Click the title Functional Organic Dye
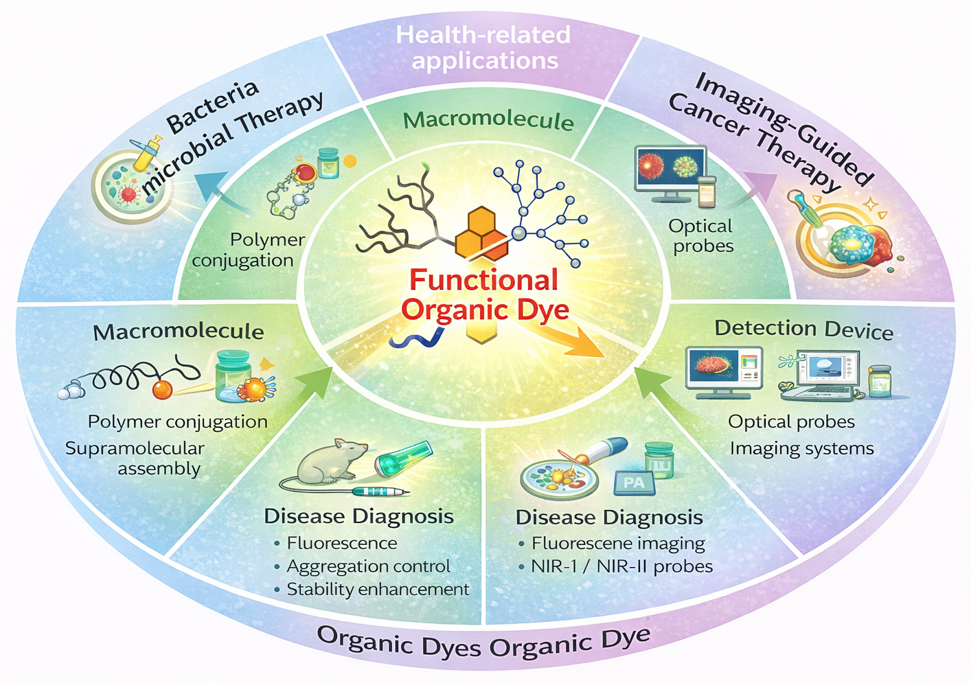[484, 294]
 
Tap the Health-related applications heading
[484, 47]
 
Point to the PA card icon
[633, 483]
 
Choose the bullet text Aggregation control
[368, 566]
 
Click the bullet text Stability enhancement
[378, 589]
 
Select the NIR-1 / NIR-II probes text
[621, 566]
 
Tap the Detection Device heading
[803, 329]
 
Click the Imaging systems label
[801, 448]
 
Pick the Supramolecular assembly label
[135, 458]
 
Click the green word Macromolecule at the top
[488, 121]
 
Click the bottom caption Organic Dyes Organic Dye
[483, 642]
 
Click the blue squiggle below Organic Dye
[416, 338]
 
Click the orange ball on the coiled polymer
[162, 389]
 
